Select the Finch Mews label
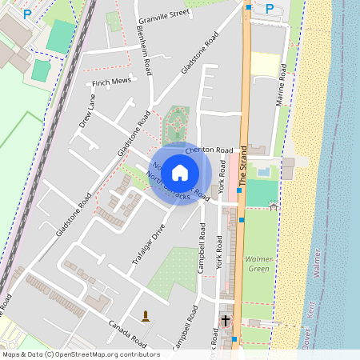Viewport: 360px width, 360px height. (111, 82)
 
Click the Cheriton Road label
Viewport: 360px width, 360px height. (209, 150)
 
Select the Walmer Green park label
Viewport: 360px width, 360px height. (259, 264)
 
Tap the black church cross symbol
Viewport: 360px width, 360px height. (226, 321)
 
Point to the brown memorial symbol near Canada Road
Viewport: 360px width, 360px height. (146, 315)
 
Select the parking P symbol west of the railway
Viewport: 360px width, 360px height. (27, 14)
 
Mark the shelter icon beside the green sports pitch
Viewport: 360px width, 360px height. (274, 206)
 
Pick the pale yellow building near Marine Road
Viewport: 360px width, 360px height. (265, 64)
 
